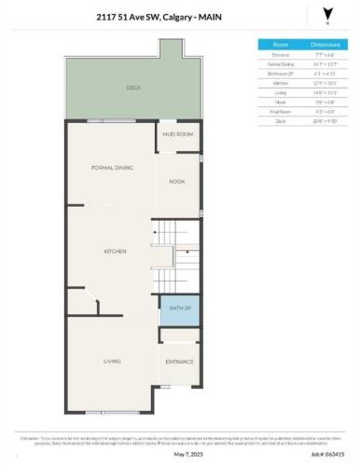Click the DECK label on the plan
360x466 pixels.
point(132,89)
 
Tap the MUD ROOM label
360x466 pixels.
point(177,134)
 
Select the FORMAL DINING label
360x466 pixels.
point(112,168)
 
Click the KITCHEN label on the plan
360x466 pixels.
point(116,253)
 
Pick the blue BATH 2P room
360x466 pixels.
point(177,308)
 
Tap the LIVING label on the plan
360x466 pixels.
point(112,360)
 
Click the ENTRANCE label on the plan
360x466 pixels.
point(179,360)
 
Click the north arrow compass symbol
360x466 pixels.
point(325,14)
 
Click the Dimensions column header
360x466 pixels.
point(325,44)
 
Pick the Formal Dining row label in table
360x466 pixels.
point(280,62)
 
